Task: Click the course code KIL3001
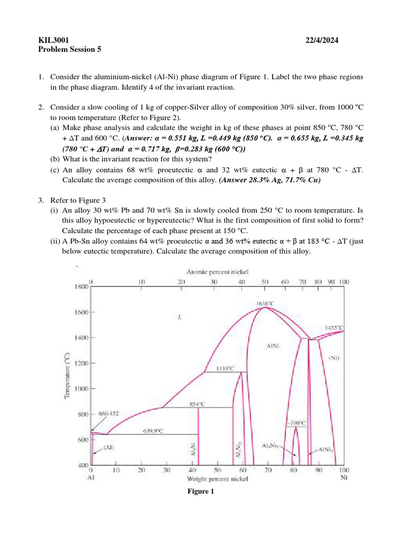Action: click(x=54, y=40)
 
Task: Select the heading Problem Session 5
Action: click(x=70, y=50)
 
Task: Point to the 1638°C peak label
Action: click(x=265, y=303)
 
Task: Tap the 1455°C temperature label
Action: click(x=333, y=327)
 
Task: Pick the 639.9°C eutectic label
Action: click(x=153, y=431)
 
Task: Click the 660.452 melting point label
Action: click(x=109, y=413)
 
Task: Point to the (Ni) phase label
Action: click(x=333, y=358)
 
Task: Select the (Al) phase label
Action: click(x=109, y=447)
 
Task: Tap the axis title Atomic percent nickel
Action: click(x=218, y=272)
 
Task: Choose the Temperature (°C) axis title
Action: click(x=68, y=375)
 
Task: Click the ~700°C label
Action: click(x=296, y=422)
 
